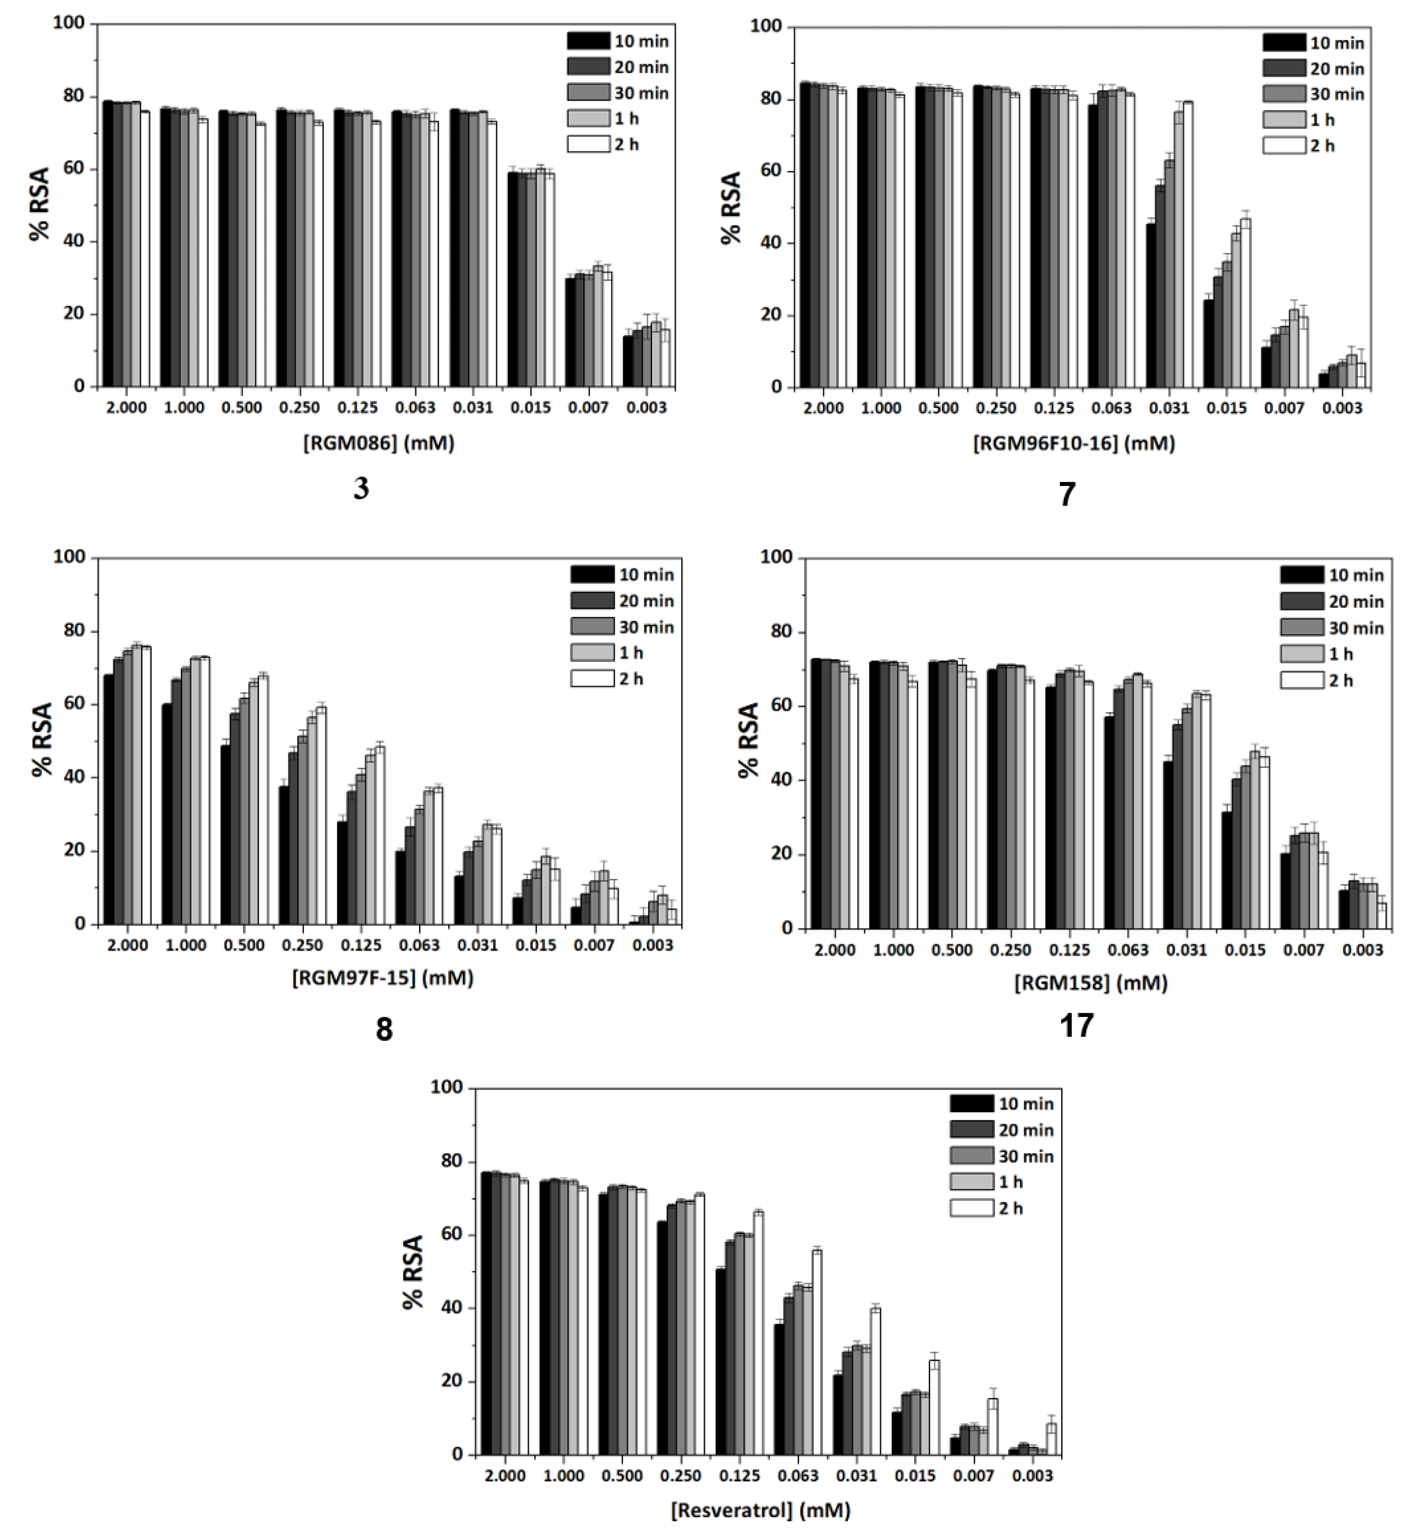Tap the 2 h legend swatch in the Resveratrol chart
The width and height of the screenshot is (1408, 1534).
click(x=971, y=1208)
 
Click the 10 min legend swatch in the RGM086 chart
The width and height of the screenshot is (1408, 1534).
click(x=588, y=41)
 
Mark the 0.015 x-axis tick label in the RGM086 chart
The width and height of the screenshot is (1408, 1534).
click(x=531, y=407)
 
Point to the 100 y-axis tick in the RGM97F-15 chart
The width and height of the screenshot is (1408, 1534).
click(x=72, y=558)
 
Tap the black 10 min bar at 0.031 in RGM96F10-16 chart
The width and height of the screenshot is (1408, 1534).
click(x=1151, y=304)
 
